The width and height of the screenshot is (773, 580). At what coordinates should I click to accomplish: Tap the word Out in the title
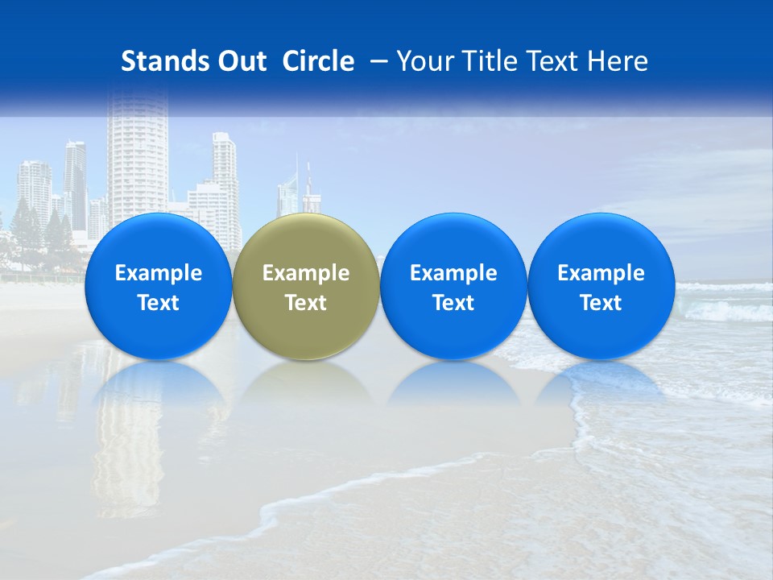pos(240,61)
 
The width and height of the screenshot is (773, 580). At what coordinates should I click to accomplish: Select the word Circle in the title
pos(318,61)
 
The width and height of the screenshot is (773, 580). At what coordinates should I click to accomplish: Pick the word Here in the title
pos(618,61)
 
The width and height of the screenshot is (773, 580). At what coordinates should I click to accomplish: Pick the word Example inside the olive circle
pos(306,273)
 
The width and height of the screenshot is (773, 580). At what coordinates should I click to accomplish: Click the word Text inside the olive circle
pos(306,303)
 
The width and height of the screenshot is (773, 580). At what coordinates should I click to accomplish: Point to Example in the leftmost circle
pos(159,273)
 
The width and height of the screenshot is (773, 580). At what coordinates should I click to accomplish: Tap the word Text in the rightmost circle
pos(601,303)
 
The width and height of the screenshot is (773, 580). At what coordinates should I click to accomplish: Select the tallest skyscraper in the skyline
pos(137,161)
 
